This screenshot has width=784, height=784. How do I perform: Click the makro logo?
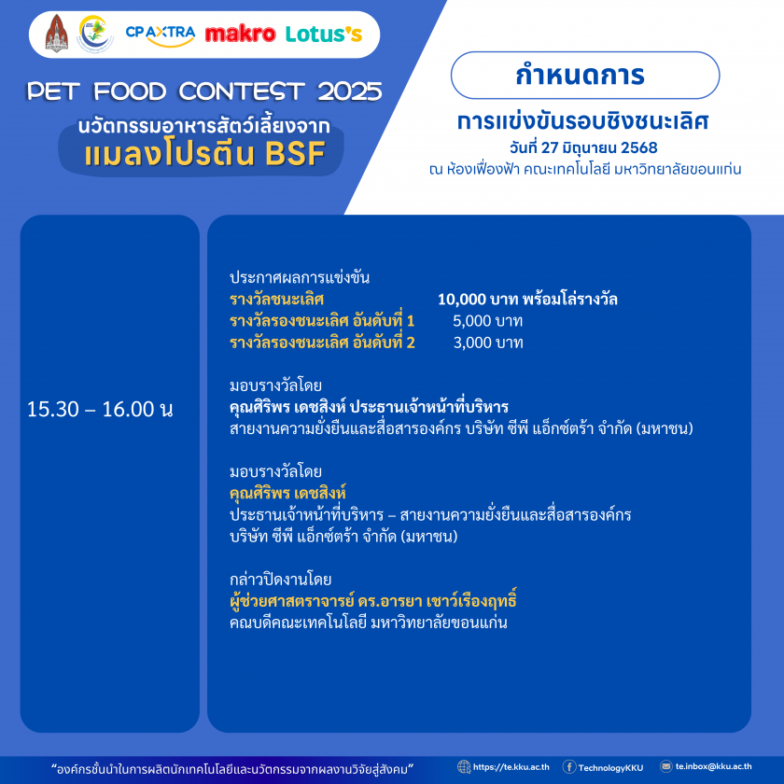[240, 34]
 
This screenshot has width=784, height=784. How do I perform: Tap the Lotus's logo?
[324, 34]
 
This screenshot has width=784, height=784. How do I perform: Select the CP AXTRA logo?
[160, 35]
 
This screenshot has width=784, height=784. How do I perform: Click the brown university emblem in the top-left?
[57, 33]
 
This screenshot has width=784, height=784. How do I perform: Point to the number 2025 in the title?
[349, 91]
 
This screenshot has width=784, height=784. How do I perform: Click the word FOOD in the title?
[130, 91]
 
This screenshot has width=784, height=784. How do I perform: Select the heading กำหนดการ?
[580, 75]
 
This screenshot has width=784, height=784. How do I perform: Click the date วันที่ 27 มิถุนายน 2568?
[583, 147]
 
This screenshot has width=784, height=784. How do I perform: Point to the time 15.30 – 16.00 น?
[100, 409]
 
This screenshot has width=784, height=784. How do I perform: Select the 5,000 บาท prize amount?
[487, 320]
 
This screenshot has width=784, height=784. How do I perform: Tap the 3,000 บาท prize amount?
[488, 343]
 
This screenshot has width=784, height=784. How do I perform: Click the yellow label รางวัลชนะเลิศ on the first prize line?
[276, 299]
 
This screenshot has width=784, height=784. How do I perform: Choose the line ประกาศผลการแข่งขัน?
[300, 277]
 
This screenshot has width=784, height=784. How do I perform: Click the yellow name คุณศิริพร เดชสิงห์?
[288, 493]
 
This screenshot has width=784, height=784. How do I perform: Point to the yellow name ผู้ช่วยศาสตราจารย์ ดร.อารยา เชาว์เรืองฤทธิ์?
[373, 600]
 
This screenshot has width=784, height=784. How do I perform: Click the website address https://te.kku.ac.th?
[511, 767]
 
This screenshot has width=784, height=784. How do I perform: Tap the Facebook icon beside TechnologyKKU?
[569, 767]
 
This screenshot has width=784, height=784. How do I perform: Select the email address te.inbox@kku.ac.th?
[713, 766]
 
